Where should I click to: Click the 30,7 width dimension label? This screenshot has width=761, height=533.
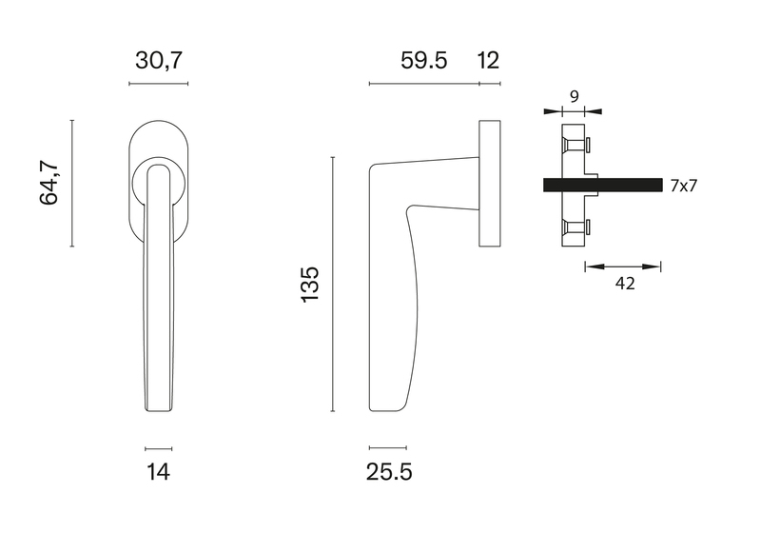point(159,61)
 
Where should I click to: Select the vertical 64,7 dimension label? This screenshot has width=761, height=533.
point(49,182)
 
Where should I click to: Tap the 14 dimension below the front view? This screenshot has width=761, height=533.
point(159,471)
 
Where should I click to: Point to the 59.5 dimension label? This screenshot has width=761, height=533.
point(423,61)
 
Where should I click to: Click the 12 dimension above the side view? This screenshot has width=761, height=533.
point(488,61)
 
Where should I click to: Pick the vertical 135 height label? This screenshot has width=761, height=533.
point(310,284)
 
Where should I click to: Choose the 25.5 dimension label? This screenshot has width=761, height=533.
point(389,471)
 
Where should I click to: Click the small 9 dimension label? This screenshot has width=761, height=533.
point(575,96)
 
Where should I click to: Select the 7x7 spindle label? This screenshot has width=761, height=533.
point(683,186)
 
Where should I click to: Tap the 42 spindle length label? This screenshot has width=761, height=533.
point(625,283)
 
